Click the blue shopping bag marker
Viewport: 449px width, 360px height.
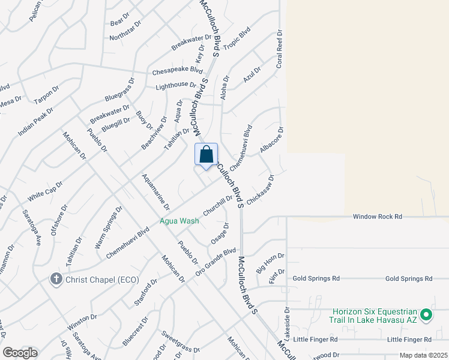tap(206, 155)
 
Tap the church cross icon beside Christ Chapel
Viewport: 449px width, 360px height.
tap(56, 280)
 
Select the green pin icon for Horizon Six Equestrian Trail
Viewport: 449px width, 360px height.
tap(426, 314)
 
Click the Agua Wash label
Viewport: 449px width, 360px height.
tap(179, 221)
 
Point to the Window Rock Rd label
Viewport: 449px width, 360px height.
tap(376, 216)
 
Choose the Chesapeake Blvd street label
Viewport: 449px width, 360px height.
tap(177, 70)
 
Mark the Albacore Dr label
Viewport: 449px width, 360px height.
tap(271, 139)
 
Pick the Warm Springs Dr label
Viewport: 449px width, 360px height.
tap(109, 227)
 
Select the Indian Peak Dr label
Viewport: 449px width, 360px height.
tap(35, 121)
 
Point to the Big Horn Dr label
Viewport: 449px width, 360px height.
tap(270, 263)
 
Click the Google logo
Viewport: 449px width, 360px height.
tap(20, 353)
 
